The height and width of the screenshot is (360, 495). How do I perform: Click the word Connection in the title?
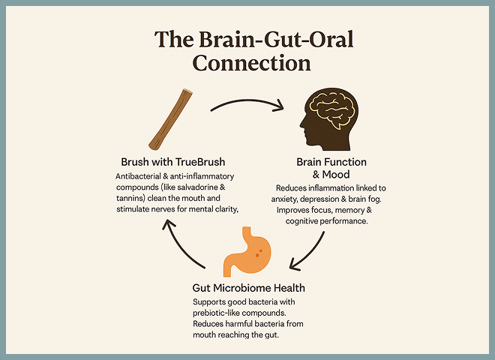(251, 63)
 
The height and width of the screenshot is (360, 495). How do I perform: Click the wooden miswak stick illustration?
(170, 119)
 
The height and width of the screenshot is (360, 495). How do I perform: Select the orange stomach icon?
(247, 251)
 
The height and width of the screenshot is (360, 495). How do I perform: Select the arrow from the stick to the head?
(247, 100)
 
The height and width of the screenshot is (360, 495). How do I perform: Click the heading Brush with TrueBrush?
(173, 162)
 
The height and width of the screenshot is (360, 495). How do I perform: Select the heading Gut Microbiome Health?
(249, 288)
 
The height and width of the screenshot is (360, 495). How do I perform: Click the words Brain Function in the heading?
(331, 162)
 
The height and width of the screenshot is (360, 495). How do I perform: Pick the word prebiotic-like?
(212, 313)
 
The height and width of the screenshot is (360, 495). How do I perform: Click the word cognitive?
(301, 221)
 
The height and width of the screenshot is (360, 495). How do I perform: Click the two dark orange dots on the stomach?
(259, 253)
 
